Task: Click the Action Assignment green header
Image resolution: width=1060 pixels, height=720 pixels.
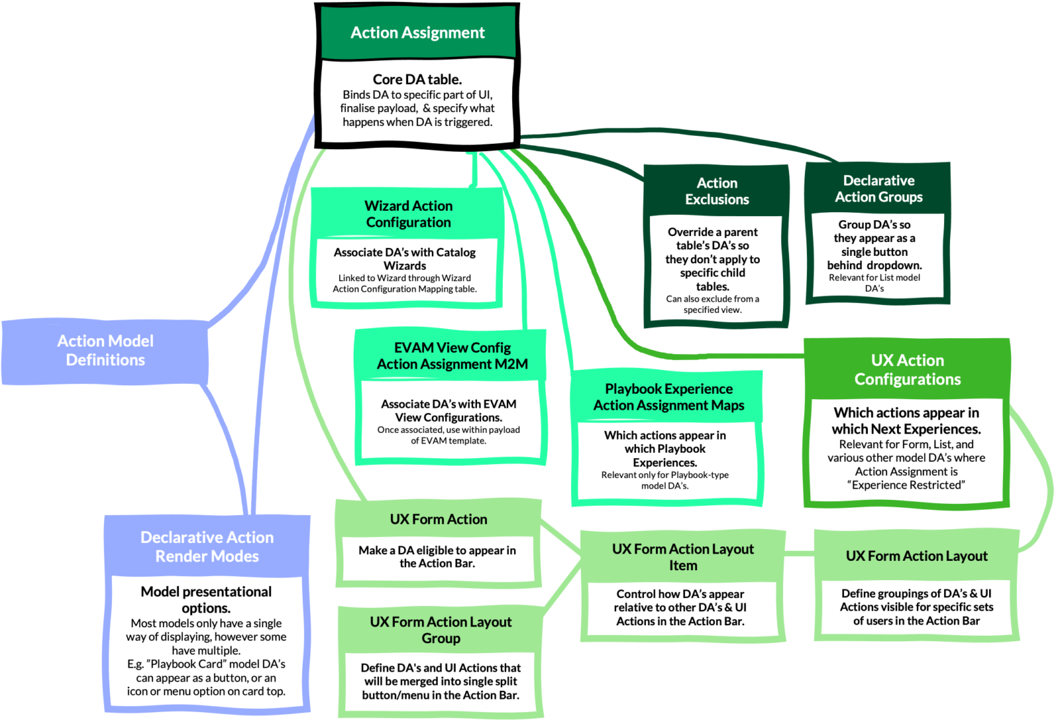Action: pos(417,32)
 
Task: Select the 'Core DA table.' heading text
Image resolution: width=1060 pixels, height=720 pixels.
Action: pos(417,80)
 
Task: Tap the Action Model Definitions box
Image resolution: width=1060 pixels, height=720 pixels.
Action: pos(105,351)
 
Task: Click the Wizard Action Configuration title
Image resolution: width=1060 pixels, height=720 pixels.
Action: pos(408,214)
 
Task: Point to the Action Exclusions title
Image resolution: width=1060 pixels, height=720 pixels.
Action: pos(717,191)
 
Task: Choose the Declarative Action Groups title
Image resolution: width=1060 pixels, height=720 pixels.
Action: pos(878,189)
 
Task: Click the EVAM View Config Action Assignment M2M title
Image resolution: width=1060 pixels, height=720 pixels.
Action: pos(452,356)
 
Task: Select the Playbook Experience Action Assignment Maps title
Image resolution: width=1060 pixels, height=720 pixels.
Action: pos(668,397)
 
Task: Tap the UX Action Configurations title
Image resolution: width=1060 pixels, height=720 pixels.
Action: pos(907,370)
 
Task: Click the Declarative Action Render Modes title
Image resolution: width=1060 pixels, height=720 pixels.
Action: pos(207,547)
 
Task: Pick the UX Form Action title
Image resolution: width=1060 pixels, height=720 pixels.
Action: pos(439,520)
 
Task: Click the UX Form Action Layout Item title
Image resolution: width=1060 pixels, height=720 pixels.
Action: pos(683,558)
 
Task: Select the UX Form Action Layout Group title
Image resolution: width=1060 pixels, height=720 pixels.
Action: pos(441,630)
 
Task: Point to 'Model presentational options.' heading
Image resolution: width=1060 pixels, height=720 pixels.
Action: pos(206,600)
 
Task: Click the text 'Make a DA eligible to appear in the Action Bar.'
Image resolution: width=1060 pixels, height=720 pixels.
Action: pos(437,557)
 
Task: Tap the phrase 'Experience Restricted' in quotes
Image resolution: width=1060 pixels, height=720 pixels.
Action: pos(907,485)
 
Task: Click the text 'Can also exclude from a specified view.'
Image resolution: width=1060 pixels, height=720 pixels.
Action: pos(713,304)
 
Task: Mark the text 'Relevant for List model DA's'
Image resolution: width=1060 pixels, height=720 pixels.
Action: pos(874,283)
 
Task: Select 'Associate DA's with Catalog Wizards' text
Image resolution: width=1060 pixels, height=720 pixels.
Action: pos(405,259)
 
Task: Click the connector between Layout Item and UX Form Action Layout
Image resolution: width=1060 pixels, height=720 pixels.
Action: pos(800,553)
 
